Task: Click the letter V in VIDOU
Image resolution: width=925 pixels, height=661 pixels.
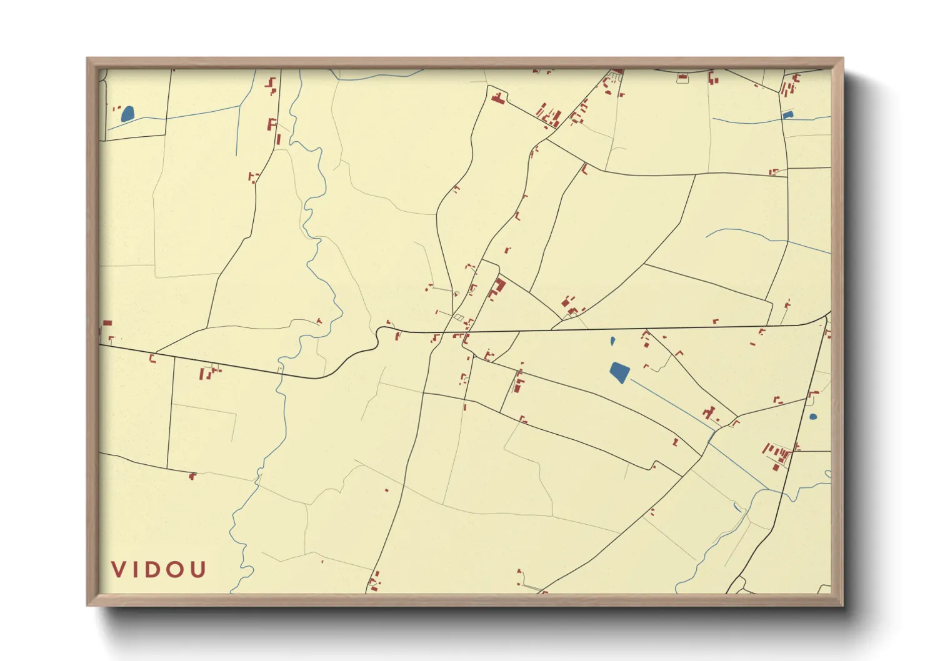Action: (119, 570)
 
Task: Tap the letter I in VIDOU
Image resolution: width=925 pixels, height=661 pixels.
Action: (137, 570)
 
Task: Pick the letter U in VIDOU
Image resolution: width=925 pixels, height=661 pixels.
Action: (198, 570)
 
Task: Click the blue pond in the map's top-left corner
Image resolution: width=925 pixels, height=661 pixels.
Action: (127, 114)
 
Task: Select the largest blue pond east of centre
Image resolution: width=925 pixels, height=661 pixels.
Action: (619, 372)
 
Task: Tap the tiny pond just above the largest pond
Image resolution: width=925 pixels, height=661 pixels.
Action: (612, 341)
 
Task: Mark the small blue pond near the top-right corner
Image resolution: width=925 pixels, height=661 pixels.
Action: (787, 115)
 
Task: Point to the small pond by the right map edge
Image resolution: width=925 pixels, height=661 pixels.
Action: (812, 417)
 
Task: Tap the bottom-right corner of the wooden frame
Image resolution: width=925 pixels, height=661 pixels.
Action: (842, 604)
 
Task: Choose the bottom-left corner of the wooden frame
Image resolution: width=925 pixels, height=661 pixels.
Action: (88, 604)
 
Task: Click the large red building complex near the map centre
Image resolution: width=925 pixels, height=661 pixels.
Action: (499, 287)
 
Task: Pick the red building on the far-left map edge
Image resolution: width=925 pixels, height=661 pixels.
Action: (107, 323)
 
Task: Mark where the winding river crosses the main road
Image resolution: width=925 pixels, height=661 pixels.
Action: (280, 372)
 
